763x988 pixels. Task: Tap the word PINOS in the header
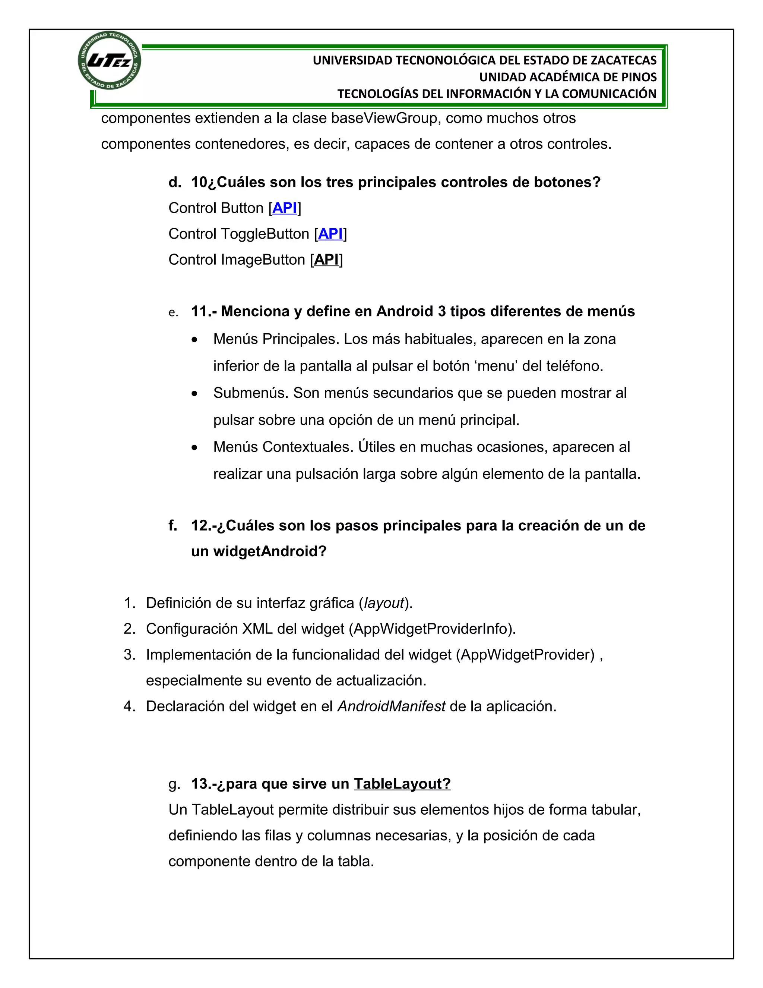(638, 77)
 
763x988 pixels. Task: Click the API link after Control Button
(285, 208)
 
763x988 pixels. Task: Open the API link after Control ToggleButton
(330, 234)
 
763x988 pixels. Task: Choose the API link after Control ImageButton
(326, 259)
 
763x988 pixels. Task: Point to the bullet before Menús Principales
(194, 340)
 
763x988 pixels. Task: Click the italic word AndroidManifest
(392, 706)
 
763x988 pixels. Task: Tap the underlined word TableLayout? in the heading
(402, 784)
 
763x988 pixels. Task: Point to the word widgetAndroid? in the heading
(270, 551)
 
